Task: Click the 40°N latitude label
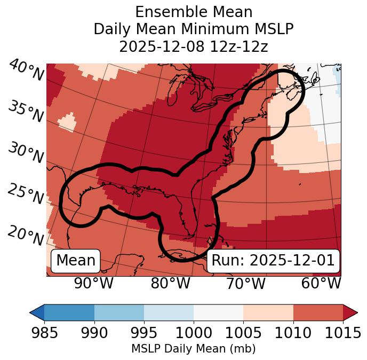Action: (26, 71)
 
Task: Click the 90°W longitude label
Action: (93, 283)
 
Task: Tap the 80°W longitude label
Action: (170, 283)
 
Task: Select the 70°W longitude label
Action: (245, 283)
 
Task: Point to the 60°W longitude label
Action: (321, 283)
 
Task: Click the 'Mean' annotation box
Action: (76, 261)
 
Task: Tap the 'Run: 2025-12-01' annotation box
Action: (273, 261)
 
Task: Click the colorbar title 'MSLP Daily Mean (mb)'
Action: (193, 349)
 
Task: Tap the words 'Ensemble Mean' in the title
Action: (193, 12)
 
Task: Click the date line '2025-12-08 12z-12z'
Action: (193, 46)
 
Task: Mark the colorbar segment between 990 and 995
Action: (119, 312)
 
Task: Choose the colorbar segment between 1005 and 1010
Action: (268, 312)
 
